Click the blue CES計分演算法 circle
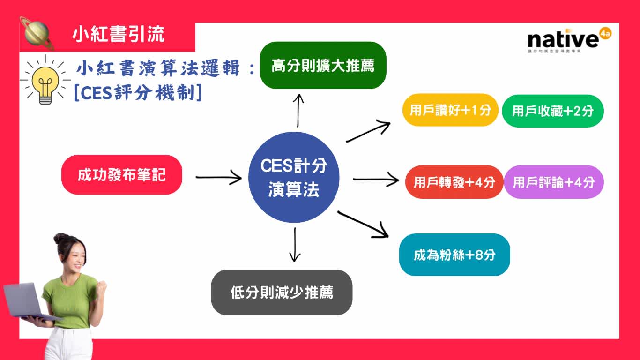tap(294, 178)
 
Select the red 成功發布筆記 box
tap(122, 175)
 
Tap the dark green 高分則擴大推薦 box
tap(323, 66)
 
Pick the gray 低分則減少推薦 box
tap(282, 292)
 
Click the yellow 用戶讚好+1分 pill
tap(450, 110)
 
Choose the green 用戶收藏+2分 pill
tap(553, 111)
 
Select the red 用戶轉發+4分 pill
tap(454, 182)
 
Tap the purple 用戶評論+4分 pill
tap(554, 182)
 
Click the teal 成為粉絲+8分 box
tap(454, 255)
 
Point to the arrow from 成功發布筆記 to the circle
tap(218, 177)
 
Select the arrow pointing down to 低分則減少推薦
tap(295, 244)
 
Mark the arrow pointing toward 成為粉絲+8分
tap(364, 224)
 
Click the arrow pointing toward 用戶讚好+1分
tap(368, 132)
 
